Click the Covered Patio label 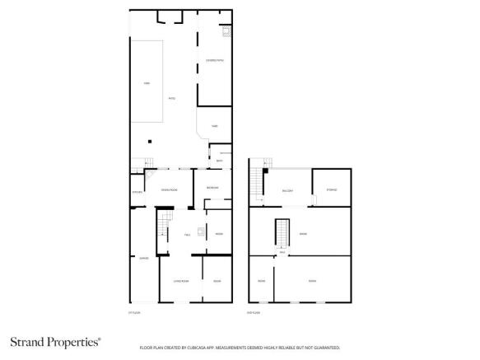click(x=213, y=61)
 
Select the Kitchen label click(x=137, y=192)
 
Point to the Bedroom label click(x=212, y=189)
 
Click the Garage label click(x=143, y=258)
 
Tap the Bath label click(x=219, y=160)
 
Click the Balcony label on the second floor click(x=288, y=190)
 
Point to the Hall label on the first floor click(x=188, y=235)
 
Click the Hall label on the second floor click(x=282, y=252)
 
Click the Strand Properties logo click(x=55, y=341)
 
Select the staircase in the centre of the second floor click(x=282, y=232)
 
